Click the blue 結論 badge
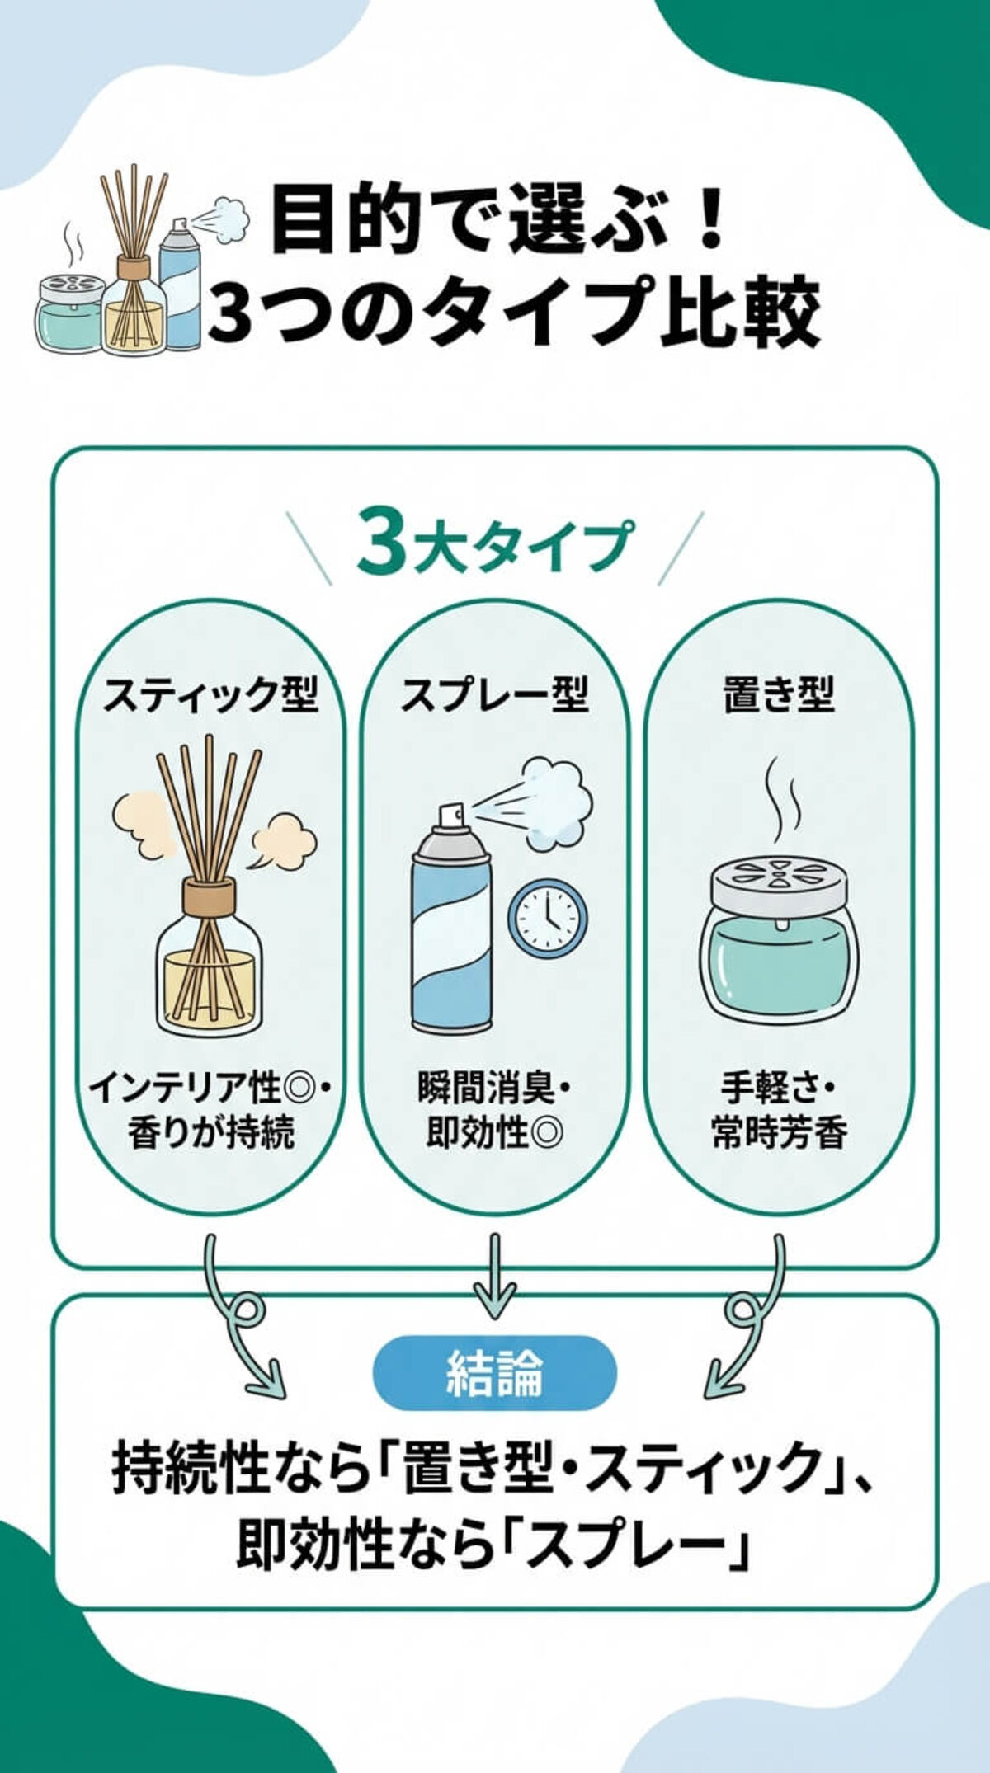point(494,1373)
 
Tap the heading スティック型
point(210,695)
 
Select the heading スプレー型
point(494,695)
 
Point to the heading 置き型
point(779,695)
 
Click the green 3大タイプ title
point(495,545)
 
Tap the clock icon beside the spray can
point(547,919)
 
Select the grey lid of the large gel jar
point(779,885)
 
